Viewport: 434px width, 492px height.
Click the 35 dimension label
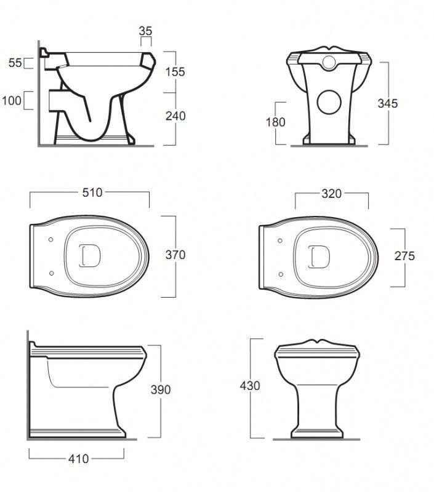click(145, 31)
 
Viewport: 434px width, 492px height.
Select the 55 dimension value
click(15, 63)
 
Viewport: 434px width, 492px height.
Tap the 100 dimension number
click(12, 101)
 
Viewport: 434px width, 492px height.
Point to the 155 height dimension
click(175, 72)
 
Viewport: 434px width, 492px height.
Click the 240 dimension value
click(175, 116)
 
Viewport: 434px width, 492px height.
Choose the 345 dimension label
click(388, 103)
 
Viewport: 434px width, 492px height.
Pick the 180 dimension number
click(276, 122)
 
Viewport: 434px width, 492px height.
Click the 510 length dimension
click(92, 192)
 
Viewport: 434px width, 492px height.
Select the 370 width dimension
click(175, 255)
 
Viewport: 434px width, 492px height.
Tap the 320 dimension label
click(332, 194)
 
